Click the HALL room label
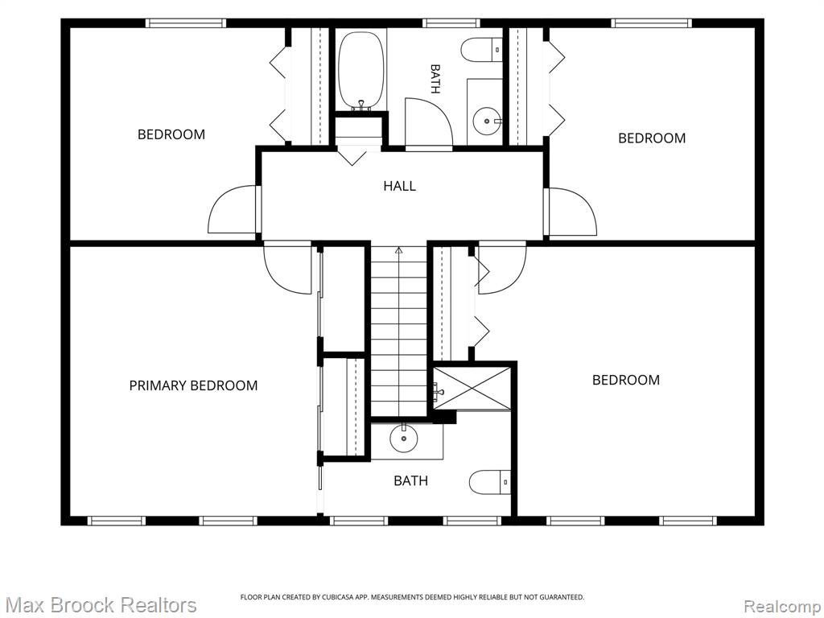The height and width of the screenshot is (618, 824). click(399, 186)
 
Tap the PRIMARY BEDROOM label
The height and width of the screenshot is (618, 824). click(193, 385)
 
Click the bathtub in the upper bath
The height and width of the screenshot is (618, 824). click(361, 71)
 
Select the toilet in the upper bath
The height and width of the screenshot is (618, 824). click(482, 50)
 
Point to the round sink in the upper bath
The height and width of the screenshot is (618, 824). click(487, 122)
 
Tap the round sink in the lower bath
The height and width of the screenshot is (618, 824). click(404, 439)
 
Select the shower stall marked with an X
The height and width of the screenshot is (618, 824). click(472, 388)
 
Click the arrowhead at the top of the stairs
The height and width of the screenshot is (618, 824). click(399, 250)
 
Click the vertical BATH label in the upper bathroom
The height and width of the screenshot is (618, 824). click(435, 79)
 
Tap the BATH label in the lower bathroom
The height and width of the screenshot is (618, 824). click(411, 480)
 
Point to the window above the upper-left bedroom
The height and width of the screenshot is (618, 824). click(186, 23)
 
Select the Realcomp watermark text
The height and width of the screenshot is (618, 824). click(783, 607)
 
